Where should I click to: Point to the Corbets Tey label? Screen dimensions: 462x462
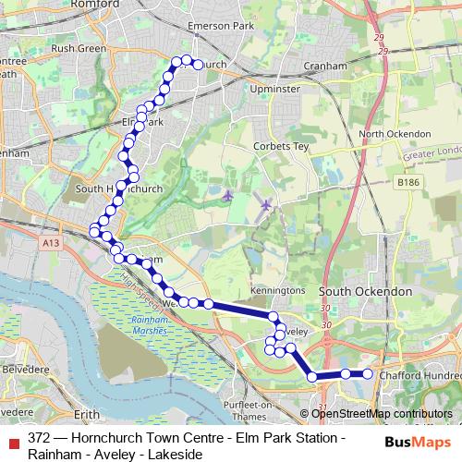coord(281,147)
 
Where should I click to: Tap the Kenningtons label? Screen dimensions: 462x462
coord(276,290)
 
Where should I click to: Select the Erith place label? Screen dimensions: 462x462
coord(86,415)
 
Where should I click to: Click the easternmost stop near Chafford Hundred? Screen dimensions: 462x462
coord(367,373)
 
